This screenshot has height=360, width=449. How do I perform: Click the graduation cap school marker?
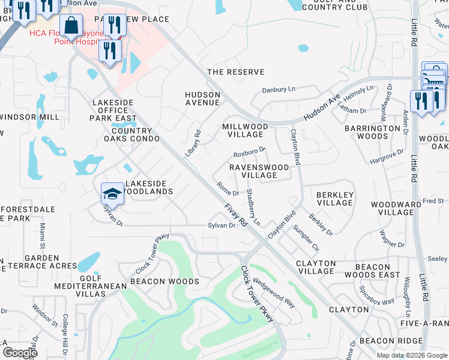coord(112,193)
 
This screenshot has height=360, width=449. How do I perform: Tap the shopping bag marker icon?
coord(71,26)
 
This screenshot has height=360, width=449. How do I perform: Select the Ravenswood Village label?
coord(259,171)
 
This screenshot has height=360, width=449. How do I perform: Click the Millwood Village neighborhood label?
coord(245,131)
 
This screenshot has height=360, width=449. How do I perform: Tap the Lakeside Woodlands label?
coord(148,187)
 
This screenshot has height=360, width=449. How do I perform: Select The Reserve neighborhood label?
coord(235,72)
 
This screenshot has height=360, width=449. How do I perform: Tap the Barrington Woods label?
coord(375,133)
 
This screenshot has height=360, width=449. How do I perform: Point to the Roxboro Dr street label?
coord(249,152)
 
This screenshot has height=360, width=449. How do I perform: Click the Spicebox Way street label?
coord(377,294)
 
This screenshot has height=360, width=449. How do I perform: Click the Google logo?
coord(20,353)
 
